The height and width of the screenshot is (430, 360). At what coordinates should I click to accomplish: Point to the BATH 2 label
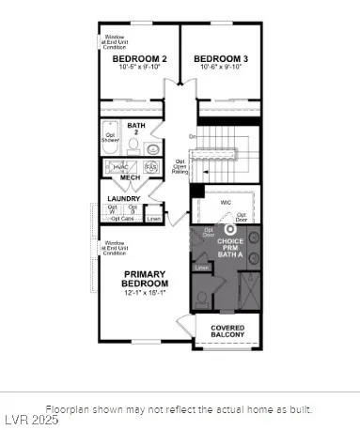pyautogui.click(x=137, y=129)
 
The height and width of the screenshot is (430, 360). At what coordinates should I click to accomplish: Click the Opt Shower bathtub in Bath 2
pyautogui.click(x=111, y=136)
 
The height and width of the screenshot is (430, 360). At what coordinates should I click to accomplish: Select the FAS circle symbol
pyautogui.click(x=149, y=166)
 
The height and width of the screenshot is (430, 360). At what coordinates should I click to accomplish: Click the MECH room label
pyautogui.click(x=131, y=178)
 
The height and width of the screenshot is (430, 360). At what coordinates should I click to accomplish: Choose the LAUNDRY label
pyautogui.click(x=124, y=199)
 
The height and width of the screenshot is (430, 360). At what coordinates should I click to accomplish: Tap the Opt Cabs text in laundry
pyautogui.click(x=122, y=219)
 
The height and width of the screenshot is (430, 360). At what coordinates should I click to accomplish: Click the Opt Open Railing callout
pyautogui.click(x=181, y=166)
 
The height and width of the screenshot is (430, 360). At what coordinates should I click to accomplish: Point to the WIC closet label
pyautogui.click(x=226, y=201)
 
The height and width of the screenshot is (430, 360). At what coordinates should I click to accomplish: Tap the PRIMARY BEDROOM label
pyautogui.click(x=145, y=279)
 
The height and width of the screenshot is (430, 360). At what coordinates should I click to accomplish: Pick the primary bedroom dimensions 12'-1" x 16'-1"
pyautogui.click(x=145, y=293)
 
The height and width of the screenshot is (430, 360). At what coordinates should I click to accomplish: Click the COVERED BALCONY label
pyautogui.click(x=227, y=331)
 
